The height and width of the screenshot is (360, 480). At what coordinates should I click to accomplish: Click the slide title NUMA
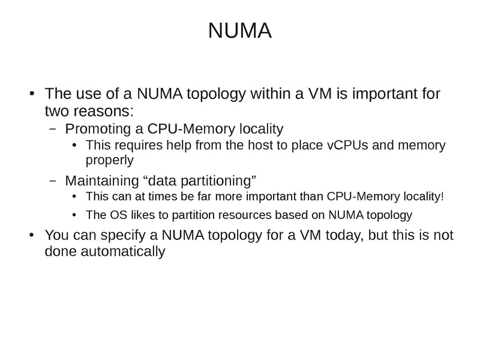click(239, 31)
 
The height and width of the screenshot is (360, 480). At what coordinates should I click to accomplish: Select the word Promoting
click(98, 129)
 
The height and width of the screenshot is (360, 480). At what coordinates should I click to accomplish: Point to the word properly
click(110, 160)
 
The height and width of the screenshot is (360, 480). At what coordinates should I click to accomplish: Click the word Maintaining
click(102, 181)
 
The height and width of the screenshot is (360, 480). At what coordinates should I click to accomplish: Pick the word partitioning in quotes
click(218, 181)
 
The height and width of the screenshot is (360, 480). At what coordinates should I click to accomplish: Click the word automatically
click(123, 251)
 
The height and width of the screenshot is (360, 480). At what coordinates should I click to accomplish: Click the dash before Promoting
click(53, 129)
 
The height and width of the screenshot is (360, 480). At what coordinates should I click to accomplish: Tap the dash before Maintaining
click(53, 181)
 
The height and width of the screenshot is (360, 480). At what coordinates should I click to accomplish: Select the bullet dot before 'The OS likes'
click(74, 215)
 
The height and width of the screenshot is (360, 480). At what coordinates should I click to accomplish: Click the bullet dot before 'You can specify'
click(32, 235)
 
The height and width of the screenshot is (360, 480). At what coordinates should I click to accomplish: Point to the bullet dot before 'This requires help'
click(74, 145)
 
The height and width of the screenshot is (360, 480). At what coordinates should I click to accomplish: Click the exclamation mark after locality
click(442, 196)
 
